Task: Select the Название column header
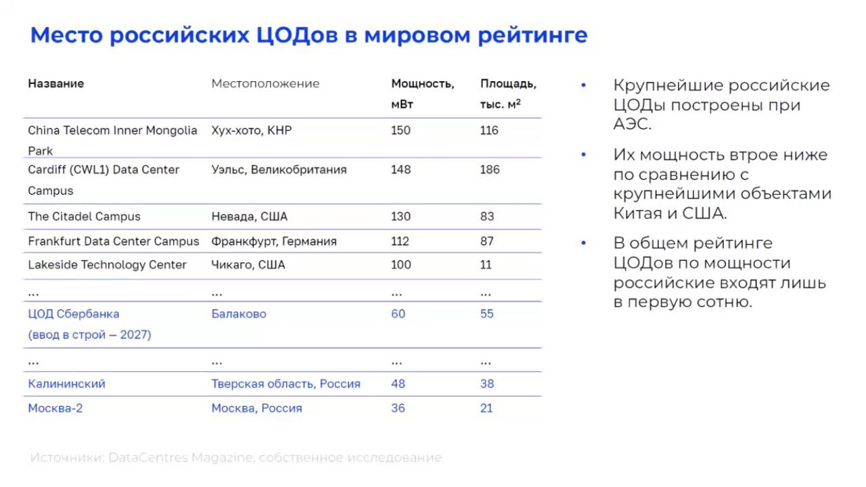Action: point(55,84)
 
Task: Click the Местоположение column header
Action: point(265,84)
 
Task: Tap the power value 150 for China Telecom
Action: point(401,131)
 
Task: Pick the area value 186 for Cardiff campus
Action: point(490,170)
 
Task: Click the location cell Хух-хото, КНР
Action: point(251,131)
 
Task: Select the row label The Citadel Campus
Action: point(84,217)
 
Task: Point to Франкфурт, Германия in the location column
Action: point(273,241)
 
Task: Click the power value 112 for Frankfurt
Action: point(401,241)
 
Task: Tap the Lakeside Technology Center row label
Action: point(107,265)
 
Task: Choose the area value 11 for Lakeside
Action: point(486,265)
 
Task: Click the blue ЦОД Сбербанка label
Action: point(73,314)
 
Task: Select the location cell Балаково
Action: point(238,314)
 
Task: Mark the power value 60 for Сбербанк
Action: point(398,314)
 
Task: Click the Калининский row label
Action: point(66,384)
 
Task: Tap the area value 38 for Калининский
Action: point(487,384)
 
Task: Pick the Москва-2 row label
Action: point(55,409)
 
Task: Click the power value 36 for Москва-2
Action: point(398,409)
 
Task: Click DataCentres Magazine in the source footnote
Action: point(181,458)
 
